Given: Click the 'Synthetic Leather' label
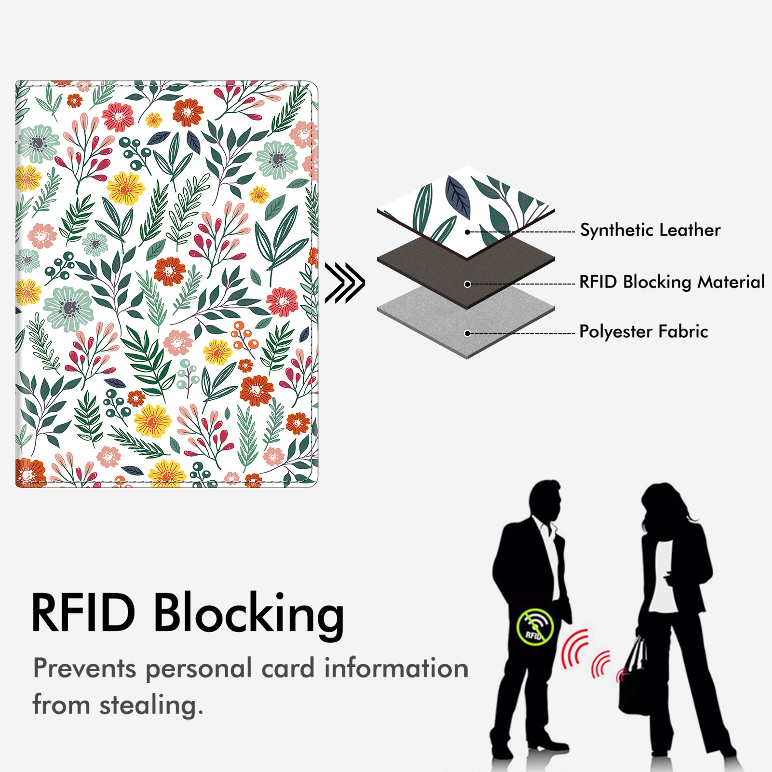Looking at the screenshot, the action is [650, 230].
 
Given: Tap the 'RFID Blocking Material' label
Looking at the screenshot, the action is [672, 282].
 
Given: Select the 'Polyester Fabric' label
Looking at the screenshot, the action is [644, 332].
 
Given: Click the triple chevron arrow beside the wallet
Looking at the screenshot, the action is [345, 283].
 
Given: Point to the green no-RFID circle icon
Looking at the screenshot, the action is [535, 627].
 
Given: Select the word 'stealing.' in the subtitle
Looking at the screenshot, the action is [151, 705].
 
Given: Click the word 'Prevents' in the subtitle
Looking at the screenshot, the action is [85, 669].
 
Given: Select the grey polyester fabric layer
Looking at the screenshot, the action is [466, 323].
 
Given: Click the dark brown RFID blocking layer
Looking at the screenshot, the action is [466, 272].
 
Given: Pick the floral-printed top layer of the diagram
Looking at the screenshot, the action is [466, 212].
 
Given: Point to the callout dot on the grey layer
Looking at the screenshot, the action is [467, 333].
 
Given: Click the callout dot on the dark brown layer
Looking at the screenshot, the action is [467, 284].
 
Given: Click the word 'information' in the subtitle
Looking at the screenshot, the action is [396, 668].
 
